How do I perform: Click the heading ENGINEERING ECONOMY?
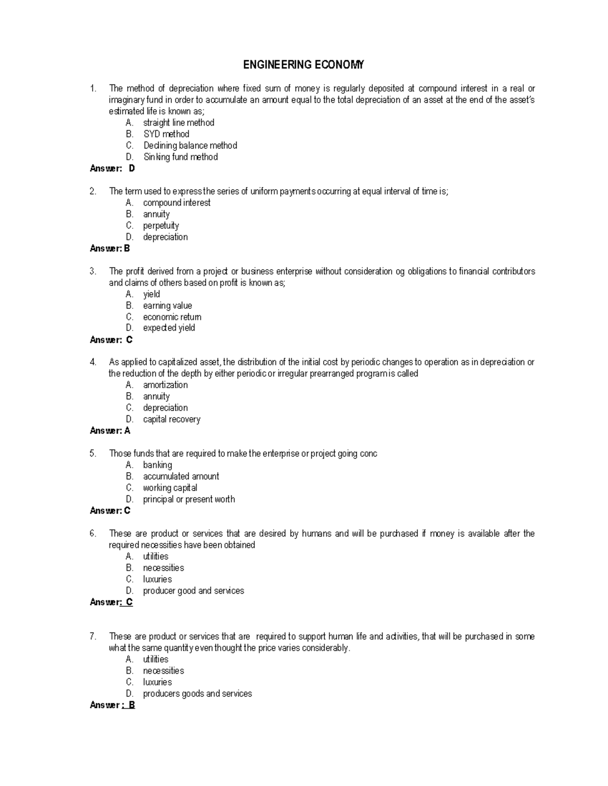303,65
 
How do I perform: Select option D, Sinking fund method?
180,157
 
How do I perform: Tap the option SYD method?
166,134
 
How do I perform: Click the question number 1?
93,89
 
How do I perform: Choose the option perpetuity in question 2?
161,226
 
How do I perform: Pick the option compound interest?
176,203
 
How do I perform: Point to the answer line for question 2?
110,249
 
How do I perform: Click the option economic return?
172,317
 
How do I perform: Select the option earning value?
167,306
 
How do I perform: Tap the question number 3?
93,271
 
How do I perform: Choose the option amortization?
165,385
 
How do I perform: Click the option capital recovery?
171,420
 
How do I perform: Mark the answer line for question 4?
110,431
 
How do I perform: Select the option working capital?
170,488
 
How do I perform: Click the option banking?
157,465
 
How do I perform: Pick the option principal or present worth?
188,500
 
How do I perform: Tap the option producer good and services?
193,591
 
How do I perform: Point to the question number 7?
93,637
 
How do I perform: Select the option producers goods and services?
197,694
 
